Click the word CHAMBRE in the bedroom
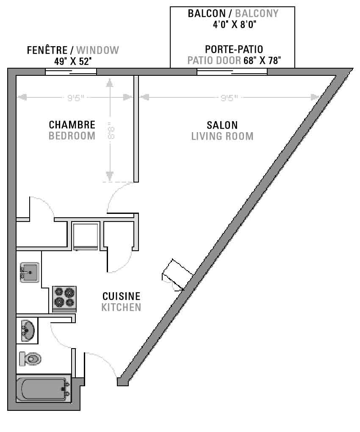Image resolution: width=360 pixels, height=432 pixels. [x=72, y=125]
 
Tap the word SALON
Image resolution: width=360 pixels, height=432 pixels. [x=222, y=125]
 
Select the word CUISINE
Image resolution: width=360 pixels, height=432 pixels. [x=122, y=296]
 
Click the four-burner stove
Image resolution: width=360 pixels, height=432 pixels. [x=64, y=299]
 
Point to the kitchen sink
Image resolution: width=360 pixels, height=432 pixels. [x=30, y=272]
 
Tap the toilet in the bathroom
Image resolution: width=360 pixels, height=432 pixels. [x=30, y=359]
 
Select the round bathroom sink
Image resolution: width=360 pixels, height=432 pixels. [x=28, y=330]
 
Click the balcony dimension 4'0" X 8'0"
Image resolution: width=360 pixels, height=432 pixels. [x=234, y=25]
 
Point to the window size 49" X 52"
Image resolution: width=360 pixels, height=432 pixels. [x=73, y=61]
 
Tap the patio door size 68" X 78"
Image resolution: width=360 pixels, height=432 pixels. [x=262, y=60]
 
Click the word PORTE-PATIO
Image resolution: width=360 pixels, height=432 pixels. [x=234, y=49]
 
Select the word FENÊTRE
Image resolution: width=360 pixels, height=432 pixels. [x=47, y=50]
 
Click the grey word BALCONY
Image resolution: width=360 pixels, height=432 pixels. [x=257, y=14]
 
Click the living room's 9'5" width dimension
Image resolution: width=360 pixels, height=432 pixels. [x=229, y=97]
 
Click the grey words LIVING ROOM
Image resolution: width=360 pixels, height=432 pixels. [x=222, y=136]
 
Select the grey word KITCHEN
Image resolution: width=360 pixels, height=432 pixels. [x=121, y=307]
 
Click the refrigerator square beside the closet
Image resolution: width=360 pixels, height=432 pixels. [x=86, y=236]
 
